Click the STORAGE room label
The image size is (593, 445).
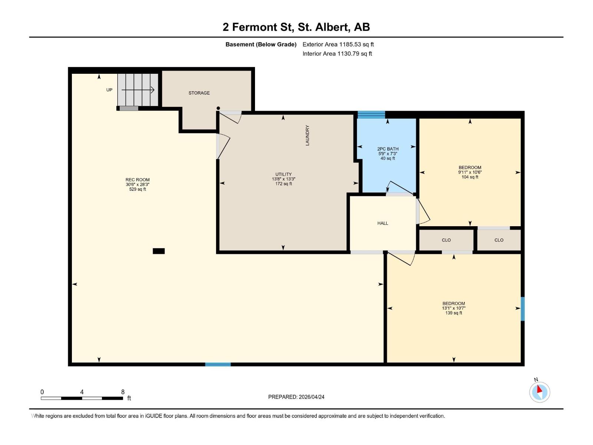(x=199, y=93)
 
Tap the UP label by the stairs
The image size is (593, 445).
(x=109, y=90)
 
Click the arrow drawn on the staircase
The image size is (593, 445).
(x=138, y=90)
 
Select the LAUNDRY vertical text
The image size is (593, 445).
(x=307, y=135)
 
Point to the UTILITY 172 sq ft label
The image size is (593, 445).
(x=284, y=179)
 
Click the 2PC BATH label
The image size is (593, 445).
(x=388, y=153)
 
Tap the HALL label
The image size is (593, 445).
(x=382, y=223)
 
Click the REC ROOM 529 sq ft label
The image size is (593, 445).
(x=138, y=184)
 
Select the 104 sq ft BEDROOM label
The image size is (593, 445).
(x=470, y=172)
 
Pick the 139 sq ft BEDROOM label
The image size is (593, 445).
(x=454, y=308)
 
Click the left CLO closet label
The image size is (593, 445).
(x=446, y=240)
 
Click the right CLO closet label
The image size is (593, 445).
(x=499, y=240)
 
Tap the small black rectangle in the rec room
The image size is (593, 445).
(x=159, y=251)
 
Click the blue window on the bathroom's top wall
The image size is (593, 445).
(x=371, y=114)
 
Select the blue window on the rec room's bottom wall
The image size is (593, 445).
(x=218, y=365)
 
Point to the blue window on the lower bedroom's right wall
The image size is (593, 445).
(x=523, y=309)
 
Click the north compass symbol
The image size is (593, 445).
(x=540, y=392)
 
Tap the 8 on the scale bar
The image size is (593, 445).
(x=123, y=392)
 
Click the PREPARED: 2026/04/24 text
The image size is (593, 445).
(x=296, y=397)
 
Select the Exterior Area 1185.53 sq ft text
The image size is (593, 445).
(x=338, y=44)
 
